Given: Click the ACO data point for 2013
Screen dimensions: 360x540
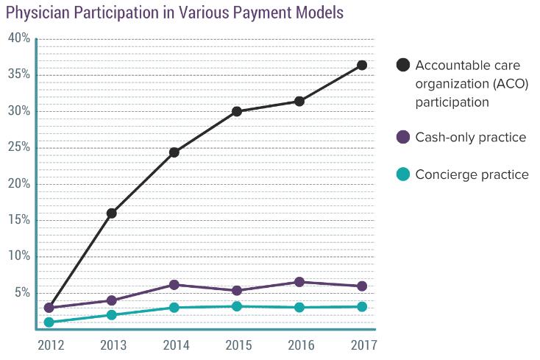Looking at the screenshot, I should point(112,213).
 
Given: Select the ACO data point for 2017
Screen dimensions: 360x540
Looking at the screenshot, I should point(362,66).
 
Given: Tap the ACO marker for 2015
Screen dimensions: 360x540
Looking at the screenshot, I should point(237,112).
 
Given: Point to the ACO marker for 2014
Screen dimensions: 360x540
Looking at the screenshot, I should point(174,152).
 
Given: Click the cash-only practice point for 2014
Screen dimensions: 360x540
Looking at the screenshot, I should point(174,285).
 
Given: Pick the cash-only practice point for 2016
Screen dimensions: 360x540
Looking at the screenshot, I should point(299,282).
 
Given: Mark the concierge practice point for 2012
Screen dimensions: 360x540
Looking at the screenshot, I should point(49,322).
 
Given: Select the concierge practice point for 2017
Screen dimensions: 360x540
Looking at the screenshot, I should point(362,307).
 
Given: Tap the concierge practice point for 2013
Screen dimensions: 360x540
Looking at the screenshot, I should point(112,315).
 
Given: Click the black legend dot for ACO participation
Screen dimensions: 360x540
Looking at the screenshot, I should point(402,65).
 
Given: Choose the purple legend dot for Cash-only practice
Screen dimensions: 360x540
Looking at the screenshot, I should point(402,138).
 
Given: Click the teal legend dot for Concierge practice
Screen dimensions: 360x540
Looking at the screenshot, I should point(402,174).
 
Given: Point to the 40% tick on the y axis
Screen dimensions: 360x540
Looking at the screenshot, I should point(19,38).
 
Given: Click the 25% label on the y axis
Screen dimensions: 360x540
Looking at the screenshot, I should point(19,147).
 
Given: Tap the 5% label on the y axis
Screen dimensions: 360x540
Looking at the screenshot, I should point(22,292).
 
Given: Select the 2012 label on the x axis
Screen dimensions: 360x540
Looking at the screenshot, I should point(49,345).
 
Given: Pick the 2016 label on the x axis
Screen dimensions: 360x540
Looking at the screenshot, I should point(299,345).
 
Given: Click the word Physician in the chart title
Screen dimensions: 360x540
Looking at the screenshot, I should point(34,13).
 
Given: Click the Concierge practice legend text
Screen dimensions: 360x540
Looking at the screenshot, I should point(472,174).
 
